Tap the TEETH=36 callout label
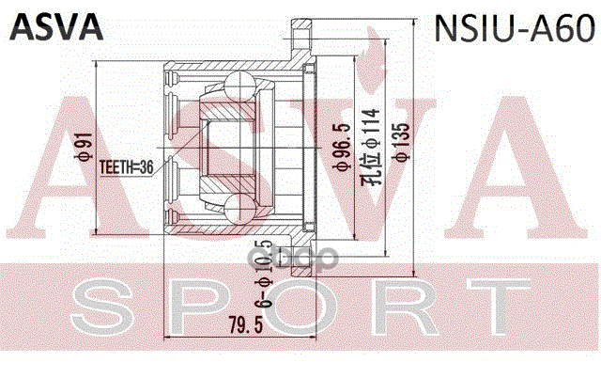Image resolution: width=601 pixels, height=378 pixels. coord(125,166)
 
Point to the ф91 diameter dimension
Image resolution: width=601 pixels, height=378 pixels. coord(84,147)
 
